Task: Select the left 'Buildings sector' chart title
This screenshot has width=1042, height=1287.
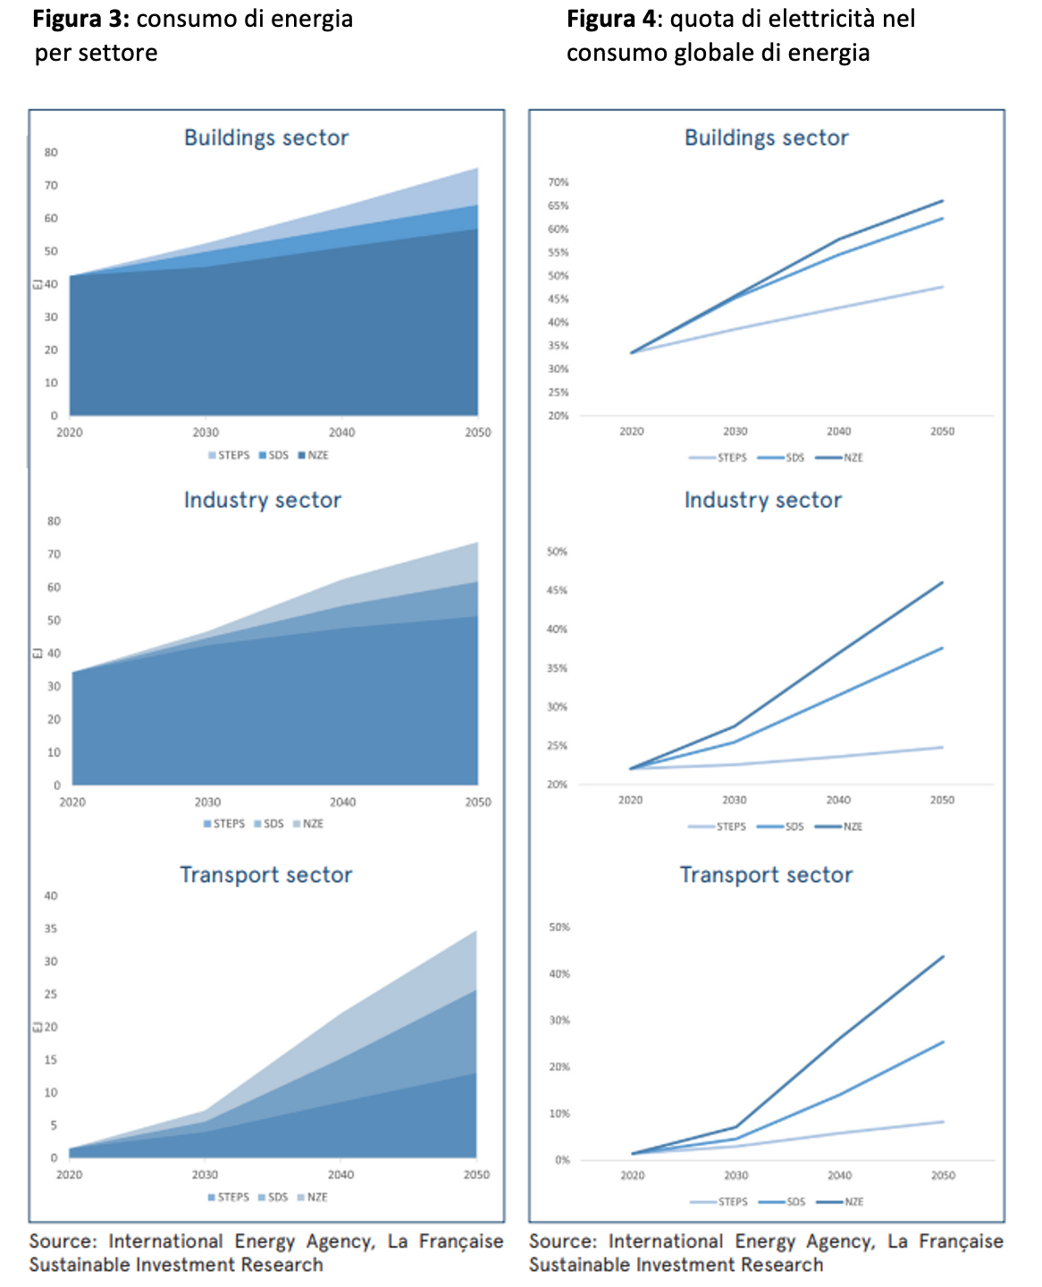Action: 266,138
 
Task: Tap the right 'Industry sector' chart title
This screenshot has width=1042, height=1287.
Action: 762,500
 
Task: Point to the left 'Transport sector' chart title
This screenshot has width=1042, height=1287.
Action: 266,875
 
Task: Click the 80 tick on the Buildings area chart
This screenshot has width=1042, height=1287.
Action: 51,153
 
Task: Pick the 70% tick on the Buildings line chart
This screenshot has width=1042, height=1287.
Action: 558,182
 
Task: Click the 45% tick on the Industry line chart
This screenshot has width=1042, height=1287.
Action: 557,591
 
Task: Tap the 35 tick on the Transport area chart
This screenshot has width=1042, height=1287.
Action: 51,929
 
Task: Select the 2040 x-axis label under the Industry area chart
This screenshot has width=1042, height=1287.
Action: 342,803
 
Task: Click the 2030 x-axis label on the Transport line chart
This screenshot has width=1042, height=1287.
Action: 735,1176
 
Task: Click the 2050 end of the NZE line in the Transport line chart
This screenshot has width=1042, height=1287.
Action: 943,957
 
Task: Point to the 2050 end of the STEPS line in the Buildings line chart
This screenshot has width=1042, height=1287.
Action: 943,287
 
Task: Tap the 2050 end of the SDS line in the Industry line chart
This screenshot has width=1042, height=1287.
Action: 942,648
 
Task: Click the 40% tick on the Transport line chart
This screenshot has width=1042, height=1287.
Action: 559,974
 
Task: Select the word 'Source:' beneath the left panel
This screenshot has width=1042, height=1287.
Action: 62,1241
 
